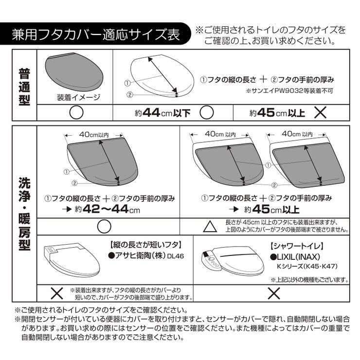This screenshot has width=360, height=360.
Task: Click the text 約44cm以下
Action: click(163, 113)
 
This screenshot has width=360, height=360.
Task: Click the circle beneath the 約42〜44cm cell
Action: click(104, 226)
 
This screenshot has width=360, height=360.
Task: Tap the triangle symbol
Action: click(209, 226)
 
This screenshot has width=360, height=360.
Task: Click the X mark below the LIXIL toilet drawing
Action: click(274, 293)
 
